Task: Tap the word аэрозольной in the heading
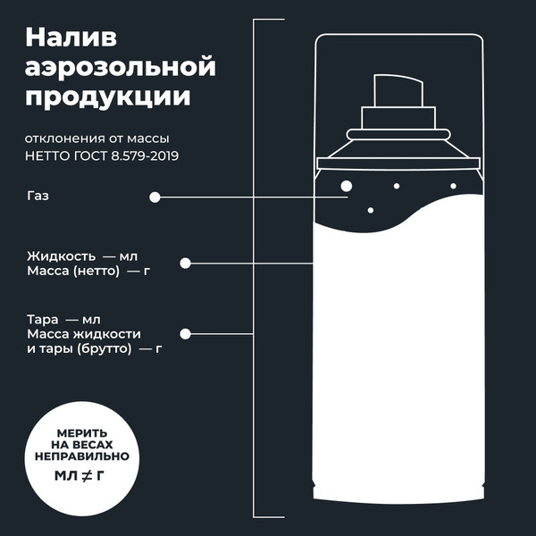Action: [x=121, y=68]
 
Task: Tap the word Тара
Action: [x=42, y=319]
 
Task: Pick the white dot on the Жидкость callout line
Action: [x=186, y=264]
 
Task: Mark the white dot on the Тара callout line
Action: [x=186, y=334]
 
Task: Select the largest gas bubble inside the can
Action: [x=347, y=186]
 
